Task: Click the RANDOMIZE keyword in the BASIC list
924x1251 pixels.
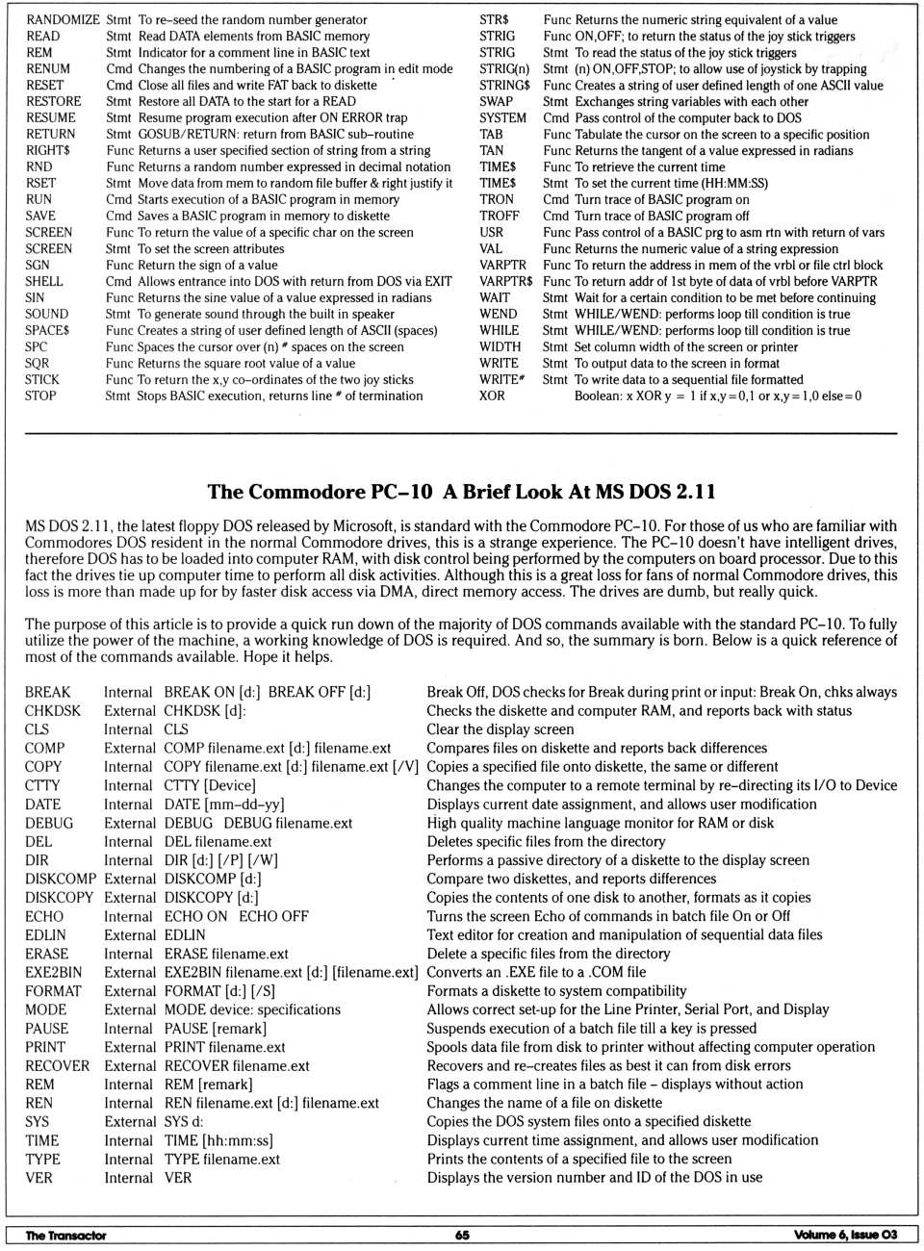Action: (x=63, y=19)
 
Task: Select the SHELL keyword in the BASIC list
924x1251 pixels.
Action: (x=44, y=281)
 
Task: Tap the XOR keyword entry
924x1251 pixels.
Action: (x=492, y=396)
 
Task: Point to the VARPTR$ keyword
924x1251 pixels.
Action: (x=505, y=281)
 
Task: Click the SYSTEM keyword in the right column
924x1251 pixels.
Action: (x=502, y=117)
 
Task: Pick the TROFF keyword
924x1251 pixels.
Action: (x=499, y=216)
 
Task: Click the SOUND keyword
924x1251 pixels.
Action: (x=47, y=314)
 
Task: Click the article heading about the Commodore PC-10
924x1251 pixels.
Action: (x=461, y=492)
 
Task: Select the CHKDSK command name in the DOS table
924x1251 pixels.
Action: (x=53, y=710)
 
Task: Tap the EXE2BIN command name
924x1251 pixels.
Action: (x=54, y=972)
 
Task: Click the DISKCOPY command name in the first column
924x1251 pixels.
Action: (x=60, y=897)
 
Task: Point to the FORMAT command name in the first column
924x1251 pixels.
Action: (x=53, y=990)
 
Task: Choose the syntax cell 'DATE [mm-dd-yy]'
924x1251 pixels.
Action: (x=224, y=804)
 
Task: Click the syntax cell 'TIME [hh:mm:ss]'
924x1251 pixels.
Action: (x=218, y=1140)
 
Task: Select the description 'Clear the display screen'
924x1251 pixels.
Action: (x=500, y=729)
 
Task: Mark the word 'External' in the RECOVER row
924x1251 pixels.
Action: (x=130, y=1065)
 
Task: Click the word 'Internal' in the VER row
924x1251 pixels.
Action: (x=128, y=1177)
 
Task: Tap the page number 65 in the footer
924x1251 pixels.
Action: (x=462, y=1235)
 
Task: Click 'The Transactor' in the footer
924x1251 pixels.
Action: (x=65, y=1235)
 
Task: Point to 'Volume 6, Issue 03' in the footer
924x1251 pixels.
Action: (x=845, y=1235)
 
